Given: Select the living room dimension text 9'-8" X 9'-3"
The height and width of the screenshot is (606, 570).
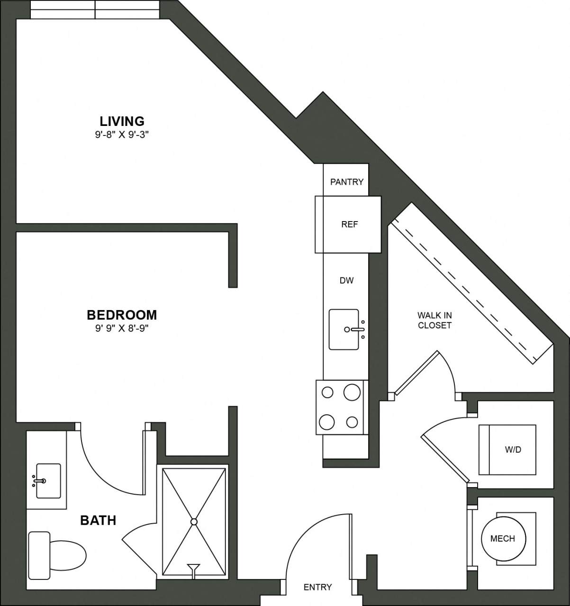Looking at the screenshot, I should pyautogui.click(x=122, y=134).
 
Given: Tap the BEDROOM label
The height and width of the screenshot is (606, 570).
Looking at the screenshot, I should pyautogui.click(x=122, y=315).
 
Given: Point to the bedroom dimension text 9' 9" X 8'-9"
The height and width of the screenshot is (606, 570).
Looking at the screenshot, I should pyautogui.click(x=122, y=328).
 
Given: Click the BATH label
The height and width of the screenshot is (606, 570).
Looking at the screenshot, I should pyautogui.click(x=98, y=521).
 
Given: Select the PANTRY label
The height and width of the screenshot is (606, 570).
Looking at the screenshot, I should pyautogui.click(x=347, y=182).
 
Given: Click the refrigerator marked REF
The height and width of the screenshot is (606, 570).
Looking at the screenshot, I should pyautogui.click(x=349, y=224).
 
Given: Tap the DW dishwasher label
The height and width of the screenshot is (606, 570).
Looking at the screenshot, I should pyautogui.click(x=346, y=281).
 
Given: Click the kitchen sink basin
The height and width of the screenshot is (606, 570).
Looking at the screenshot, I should pyautogui.click(x=344, y=330).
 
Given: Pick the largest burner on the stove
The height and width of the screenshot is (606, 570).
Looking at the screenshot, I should pyautogui.click(x=352, y=392).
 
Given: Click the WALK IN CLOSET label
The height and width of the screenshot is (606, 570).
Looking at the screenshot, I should pyautogui.click(x=434, y=321).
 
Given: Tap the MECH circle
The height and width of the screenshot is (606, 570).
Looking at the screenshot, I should pyautogui.click(x=502, y=538).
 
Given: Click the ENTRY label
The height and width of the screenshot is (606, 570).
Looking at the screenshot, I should pyautogui.click(x=317, y=587).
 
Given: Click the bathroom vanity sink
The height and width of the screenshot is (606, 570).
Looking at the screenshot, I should pyautogui.click(x=48, y=481).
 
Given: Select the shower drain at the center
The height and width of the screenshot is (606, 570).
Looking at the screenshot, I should pyautogui.click(x=194, y=522).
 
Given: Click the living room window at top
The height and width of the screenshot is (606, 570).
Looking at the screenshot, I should pyautogui.click(x=95, y=9).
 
